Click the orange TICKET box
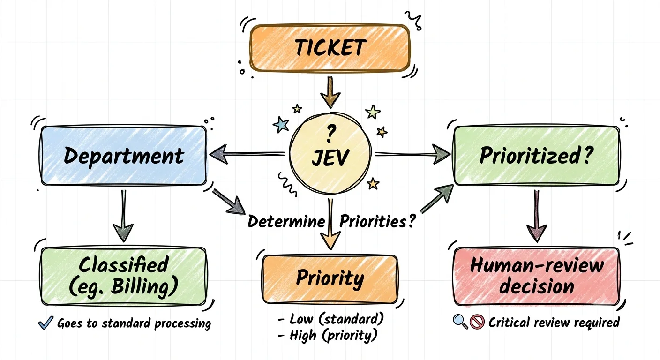(330, 48)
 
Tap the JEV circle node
(330, 153)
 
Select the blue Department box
(123, 155)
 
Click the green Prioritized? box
(536, 155)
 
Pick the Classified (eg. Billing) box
(123, 276)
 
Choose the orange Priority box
(330, 279)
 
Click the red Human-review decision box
(536, 276)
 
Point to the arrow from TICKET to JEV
(330, 92)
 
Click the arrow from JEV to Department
(247, 154)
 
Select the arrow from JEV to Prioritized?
(412, 154)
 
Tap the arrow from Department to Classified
(123, 216)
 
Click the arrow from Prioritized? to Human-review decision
(537, 216)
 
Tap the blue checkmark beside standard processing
(45, 322)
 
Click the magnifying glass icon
(460, 322)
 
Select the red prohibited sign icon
(477, 322)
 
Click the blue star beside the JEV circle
(281, 125)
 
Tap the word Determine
(286, 221)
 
